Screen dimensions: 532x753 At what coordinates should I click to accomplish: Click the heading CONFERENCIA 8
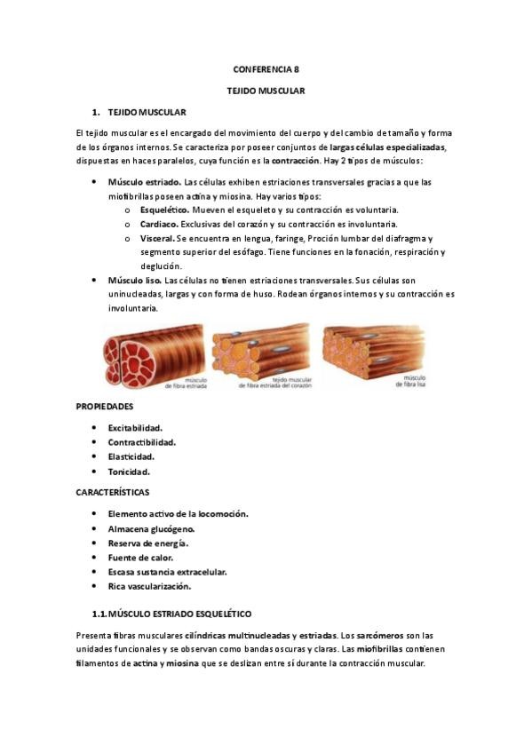[x=266, y=68]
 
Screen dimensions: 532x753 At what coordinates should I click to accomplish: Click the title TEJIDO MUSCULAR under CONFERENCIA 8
[x=266, y=91]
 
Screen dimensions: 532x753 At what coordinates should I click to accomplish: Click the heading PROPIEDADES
[x=105, y=407]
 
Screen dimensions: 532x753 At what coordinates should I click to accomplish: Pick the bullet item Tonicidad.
[x=129, y=472]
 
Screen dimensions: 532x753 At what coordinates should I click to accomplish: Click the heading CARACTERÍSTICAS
[x=113, y=491]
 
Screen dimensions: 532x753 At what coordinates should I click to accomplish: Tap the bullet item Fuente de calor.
[x=140, y=557]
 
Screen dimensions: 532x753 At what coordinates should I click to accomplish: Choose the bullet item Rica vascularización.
[x=149, y=586]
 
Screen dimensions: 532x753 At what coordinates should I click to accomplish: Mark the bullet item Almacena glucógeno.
[x=151, y=528]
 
